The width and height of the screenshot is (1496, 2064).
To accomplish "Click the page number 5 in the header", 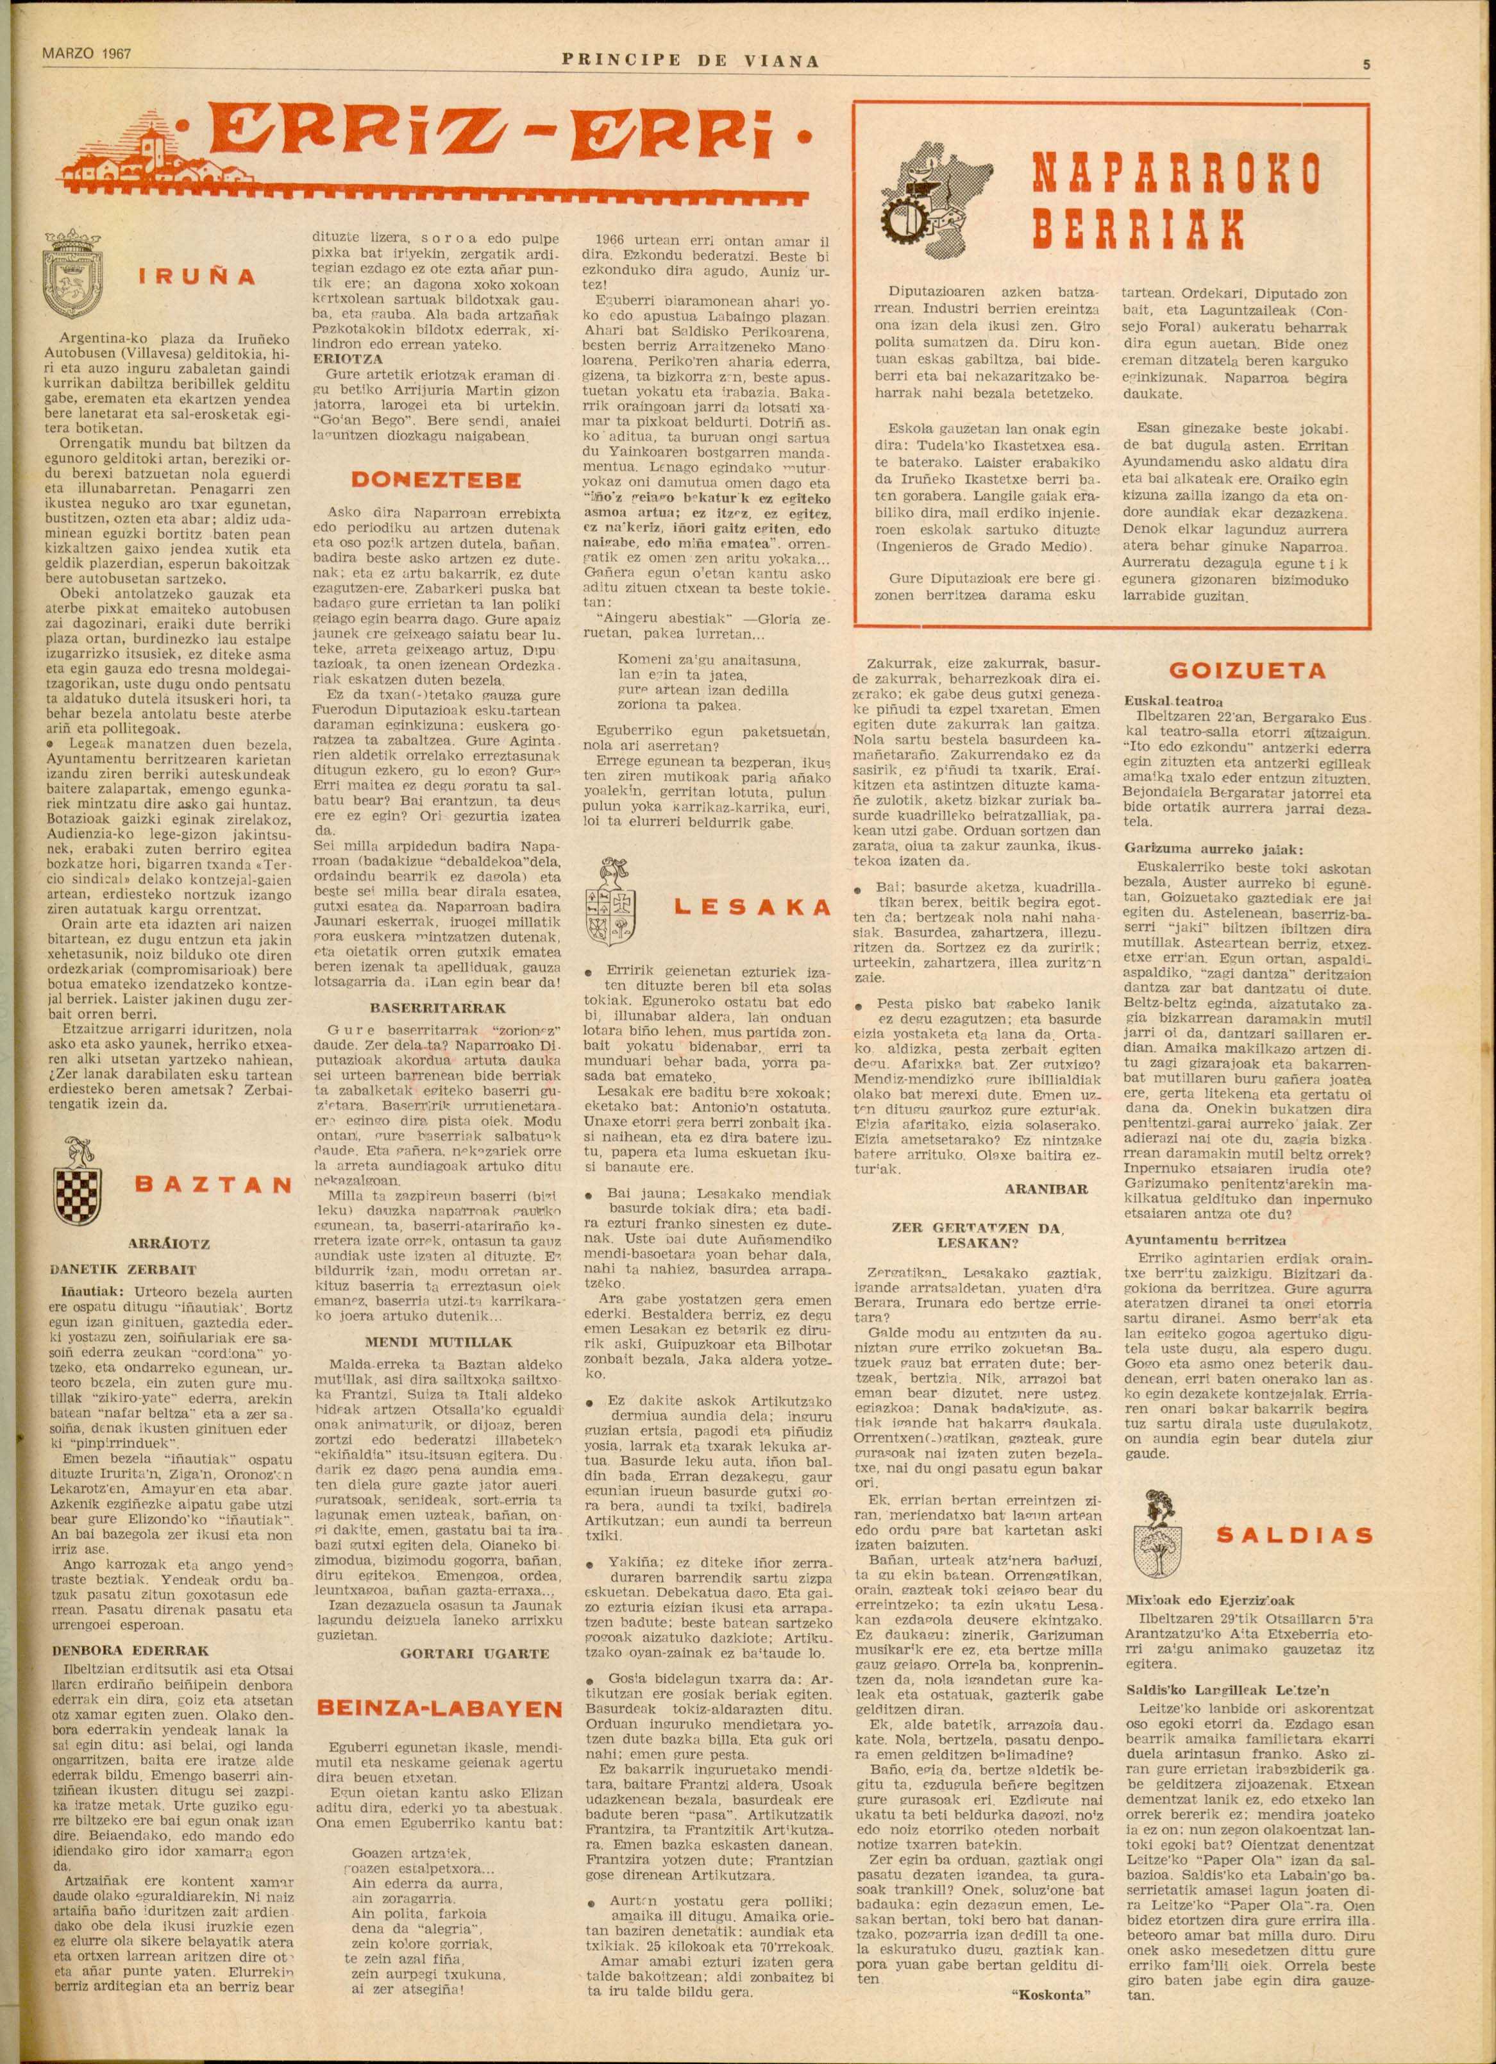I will [1366, 63].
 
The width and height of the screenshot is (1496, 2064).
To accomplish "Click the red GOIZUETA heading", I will [1246, 671].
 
